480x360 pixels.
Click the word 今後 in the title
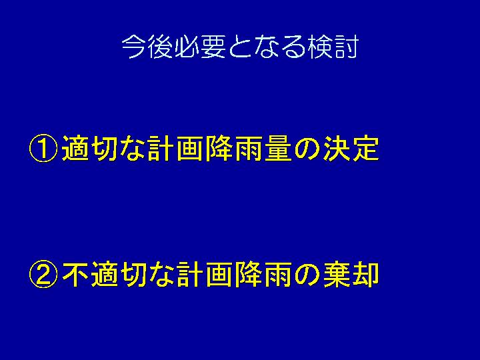[x=148, y=47]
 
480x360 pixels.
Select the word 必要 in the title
[x=201, y=47]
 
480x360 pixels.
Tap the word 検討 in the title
[x=333, y=47]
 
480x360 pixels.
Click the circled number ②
[x=43, y=274]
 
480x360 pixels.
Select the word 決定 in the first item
[x=351, y=149]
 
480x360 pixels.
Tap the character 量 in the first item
[x=278, y=149]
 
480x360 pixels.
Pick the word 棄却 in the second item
[x=351, y=274]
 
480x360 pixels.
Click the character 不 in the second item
[x=75, y=274]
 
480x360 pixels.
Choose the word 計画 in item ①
[x=175, y=149]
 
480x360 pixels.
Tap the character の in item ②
[x=307, y=275]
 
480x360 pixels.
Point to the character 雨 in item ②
[x=278, y=274]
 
